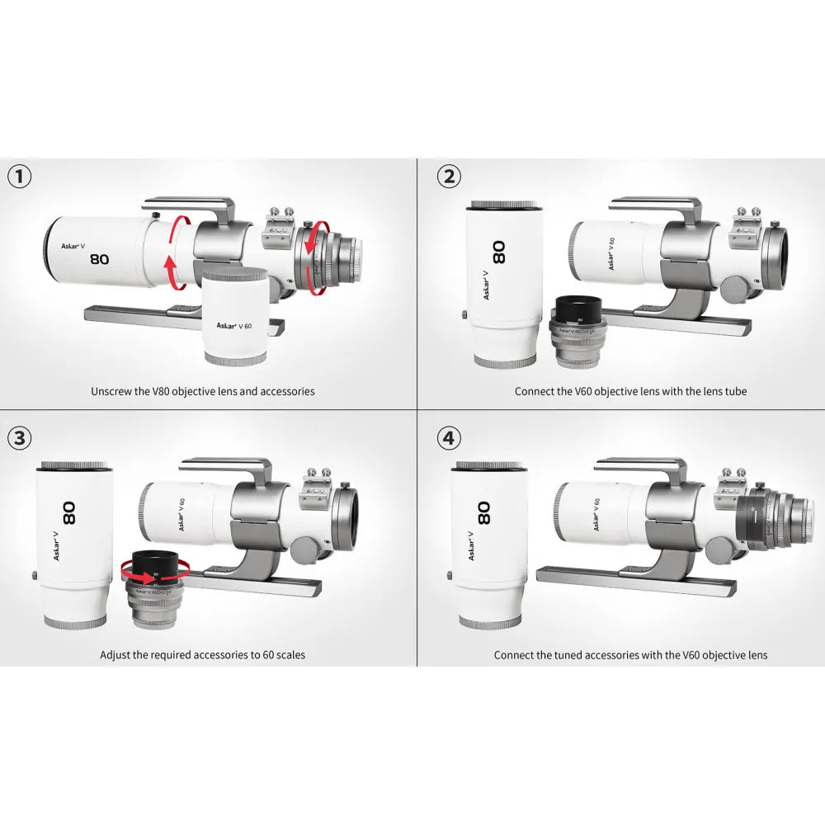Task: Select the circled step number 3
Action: coord(19,437)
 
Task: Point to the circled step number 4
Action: coord(448,437)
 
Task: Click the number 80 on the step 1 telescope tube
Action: coord(100,258)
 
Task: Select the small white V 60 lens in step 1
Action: coord(235,318)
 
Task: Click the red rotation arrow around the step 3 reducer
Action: coord(155,567)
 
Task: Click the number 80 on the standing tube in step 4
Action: coord(484,512)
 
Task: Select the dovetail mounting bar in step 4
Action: coord(635,582)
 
